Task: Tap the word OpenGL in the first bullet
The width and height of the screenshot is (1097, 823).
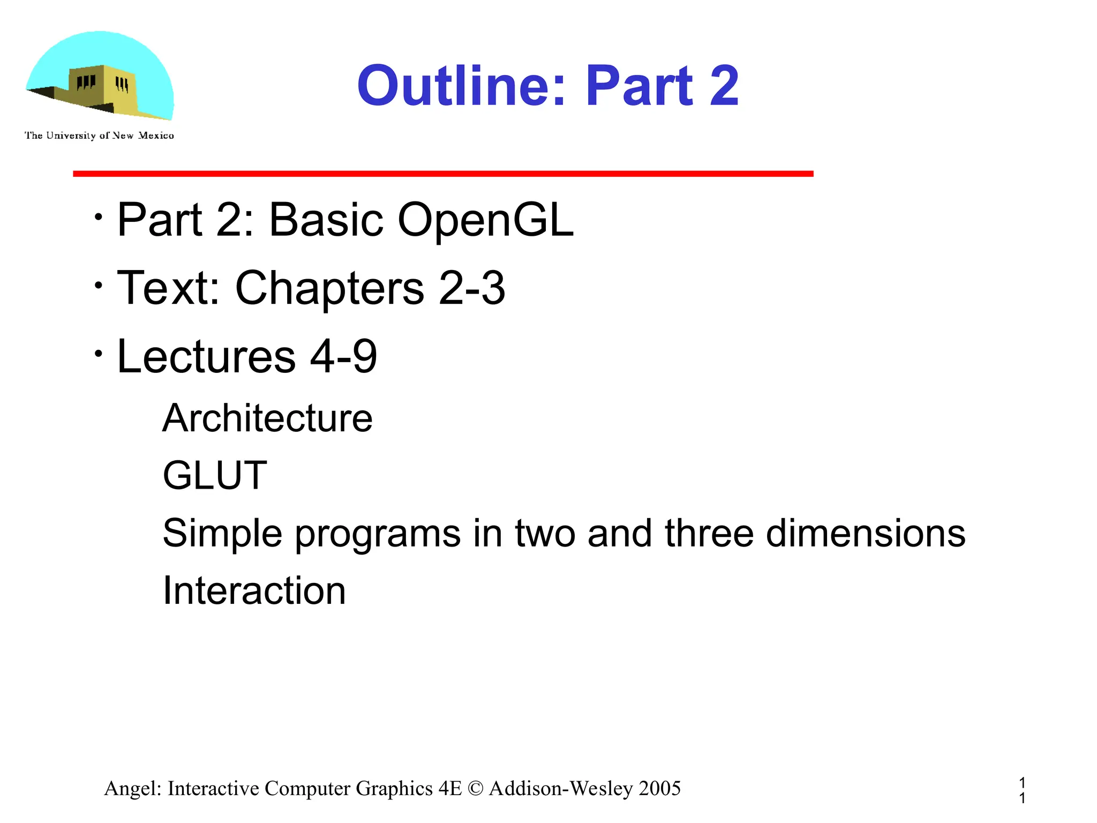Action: (x=485, y=220)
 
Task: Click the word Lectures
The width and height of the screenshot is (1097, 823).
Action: (x=206, y=357)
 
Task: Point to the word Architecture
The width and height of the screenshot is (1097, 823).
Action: (x=267, y=418)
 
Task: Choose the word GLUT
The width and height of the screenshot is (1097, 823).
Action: (x=215, y=475)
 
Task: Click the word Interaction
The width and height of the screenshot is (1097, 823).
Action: (x=254, y=591)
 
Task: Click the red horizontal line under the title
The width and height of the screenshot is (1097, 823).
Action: (x=443, y=174)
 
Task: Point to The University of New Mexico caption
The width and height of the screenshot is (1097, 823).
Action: (x=99, y=136)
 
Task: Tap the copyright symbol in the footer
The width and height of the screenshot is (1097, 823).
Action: (x=475, y=789)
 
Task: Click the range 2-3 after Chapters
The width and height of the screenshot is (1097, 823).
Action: (x=472, y=288)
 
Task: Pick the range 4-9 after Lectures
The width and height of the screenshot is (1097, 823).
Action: (x=344, y=357)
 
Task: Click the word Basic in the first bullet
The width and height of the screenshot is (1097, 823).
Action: (x=326, y=220)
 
